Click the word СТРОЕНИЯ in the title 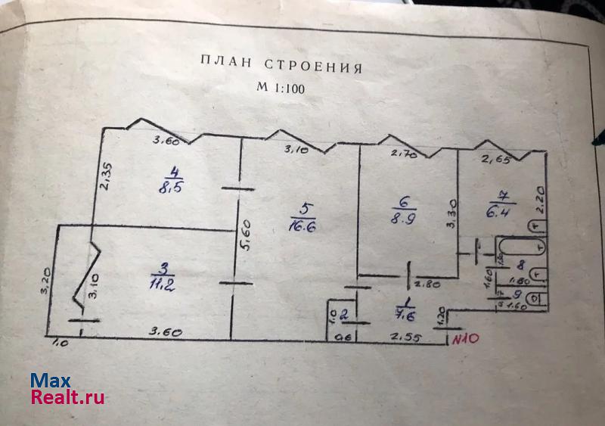pos(312,66)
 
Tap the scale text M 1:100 pos(280,88)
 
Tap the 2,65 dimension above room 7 pos(496,160)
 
